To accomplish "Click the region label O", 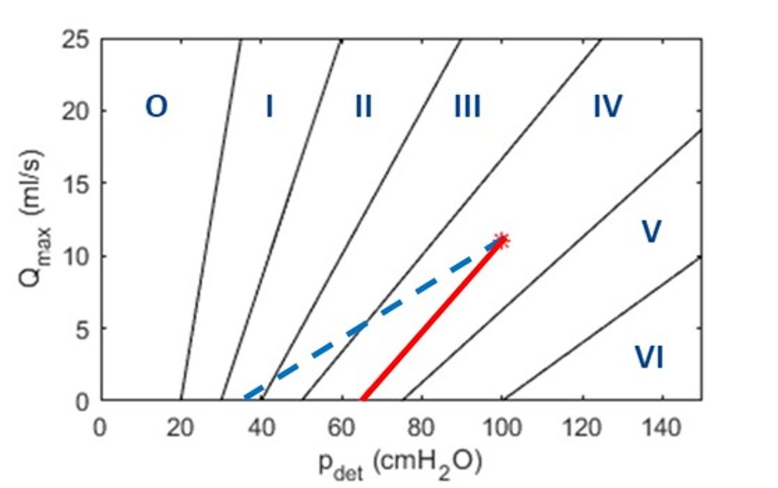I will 156,107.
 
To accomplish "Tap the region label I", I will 269,107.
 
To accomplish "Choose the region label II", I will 363,107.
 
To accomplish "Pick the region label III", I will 467,107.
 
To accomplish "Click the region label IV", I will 607,107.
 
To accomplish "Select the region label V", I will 651,233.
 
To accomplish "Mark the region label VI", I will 648,358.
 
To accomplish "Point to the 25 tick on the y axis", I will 76,40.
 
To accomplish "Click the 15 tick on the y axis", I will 76,184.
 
